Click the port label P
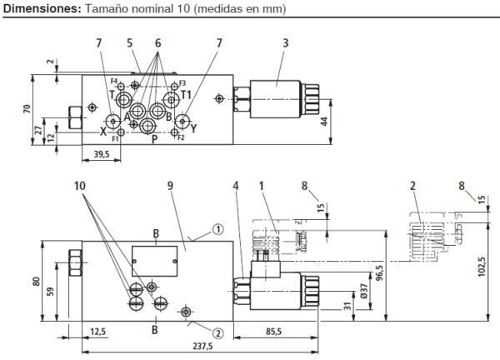tap(154, 138)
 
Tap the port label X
tap(102, 132)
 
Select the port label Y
tap(193, 129)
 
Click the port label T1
tap(187, 94)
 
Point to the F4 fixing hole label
tap(112, 81)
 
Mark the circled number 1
tap(216, 227)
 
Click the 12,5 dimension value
tap(97, 331)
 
